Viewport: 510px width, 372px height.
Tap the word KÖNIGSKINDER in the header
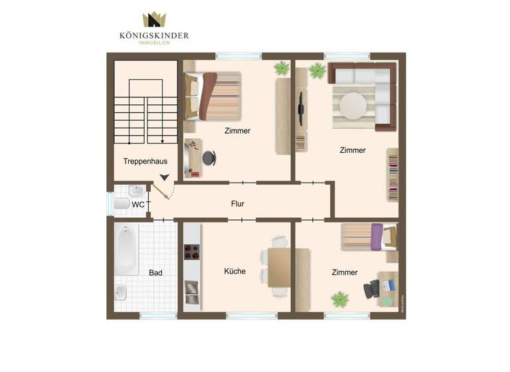coord(153,36)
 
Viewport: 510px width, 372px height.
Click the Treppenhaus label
coord(145,161)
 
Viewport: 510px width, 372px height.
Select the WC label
coord(138,205)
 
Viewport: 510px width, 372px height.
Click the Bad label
coord(155,272)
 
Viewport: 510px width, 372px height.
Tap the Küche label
coord(235,271)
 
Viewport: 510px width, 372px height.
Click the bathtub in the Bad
coord(126,248)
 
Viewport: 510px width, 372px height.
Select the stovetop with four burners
coord(192,252)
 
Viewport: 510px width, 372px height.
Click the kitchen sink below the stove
coord(191,288)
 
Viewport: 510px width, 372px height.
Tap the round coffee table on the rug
coord(353,105)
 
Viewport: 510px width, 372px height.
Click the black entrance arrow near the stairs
coord(164,177)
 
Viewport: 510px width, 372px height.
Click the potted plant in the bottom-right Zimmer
coord(341,299)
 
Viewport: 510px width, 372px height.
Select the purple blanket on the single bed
coord(377,237)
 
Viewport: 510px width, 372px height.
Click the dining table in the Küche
coord(279,267)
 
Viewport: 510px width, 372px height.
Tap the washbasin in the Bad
coord(121,292)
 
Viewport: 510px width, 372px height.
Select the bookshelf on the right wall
coord(392,174)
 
